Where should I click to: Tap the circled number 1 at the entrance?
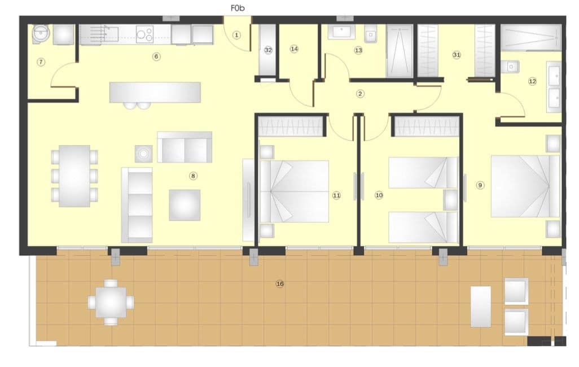coord(236,35)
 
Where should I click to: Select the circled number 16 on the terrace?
coord(279,283)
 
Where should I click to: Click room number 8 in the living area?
coord(193,176)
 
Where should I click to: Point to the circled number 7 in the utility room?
coord(41,62)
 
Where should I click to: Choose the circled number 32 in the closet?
coord(268,50)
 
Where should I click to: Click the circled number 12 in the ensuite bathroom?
coord(532,81)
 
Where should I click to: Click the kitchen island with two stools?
coord(155,92)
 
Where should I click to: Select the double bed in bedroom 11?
coord(295,191)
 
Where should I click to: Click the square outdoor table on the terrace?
coord(111,302)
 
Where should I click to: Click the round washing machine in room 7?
coord(40,34)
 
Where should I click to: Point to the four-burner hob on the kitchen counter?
coord(144,35)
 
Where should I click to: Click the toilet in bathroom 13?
coord(370,36)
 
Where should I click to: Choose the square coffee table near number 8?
coord(185,205)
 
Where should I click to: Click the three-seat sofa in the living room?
coord(137,203)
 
